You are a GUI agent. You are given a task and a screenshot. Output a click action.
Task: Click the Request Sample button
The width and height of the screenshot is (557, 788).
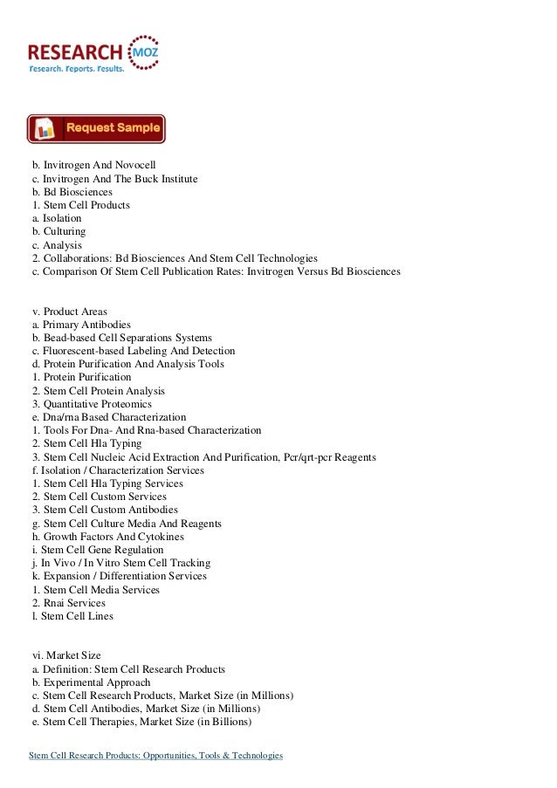click(x=96, y=128)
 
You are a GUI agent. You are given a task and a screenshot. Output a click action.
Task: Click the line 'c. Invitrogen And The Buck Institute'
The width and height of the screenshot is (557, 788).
click(x=114, y=178)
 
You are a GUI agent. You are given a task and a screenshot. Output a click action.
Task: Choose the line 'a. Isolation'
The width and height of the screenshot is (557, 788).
click(x=57, y=218)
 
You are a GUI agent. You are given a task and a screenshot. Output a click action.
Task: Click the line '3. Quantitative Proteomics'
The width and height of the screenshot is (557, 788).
click(x=92, y=404)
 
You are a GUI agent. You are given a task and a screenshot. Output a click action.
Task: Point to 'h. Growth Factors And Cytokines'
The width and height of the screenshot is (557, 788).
click(x=107, y=537)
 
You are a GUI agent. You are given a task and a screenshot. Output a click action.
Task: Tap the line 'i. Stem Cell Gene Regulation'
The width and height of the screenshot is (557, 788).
click(x=97, y=550)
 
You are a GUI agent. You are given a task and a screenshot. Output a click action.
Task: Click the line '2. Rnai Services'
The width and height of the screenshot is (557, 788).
click(x=68, y=603)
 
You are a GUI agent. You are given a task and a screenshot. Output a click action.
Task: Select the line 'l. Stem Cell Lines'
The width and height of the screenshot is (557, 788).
click(x=72, y=616)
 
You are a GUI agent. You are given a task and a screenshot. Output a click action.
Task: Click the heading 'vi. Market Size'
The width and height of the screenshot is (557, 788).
click(x=68, y=655)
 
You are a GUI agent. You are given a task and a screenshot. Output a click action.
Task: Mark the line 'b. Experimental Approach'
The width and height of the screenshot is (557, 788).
click(x=91, y=682)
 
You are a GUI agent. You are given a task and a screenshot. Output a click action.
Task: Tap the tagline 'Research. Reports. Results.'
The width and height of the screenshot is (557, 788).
click(x=77, y=67)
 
